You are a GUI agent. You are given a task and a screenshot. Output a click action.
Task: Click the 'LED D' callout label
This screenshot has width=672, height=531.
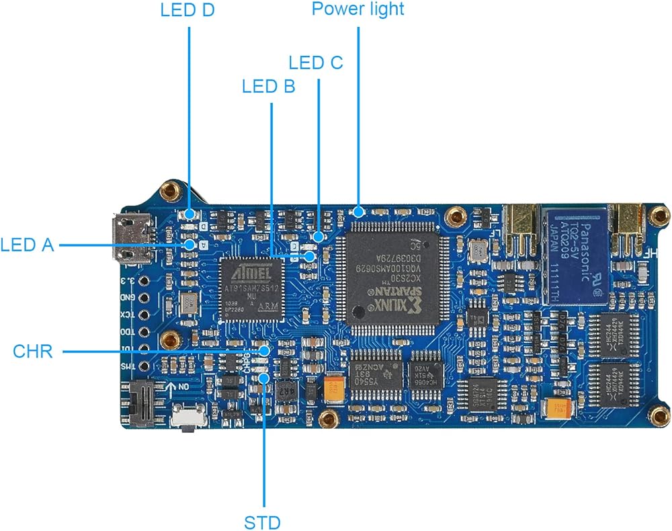[x=187, y=11]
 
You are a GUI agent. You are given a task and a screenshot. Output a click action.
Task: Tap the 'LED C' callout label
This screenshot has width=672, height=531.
[x=316, y=62]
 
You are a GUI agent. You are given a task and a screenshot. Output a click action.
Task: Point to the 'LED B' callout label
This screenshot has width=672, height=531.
[x=269, y=86]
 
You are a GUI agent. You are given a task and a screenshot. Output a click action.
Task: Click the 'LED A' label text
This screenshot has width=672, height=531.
[x=27, y=245]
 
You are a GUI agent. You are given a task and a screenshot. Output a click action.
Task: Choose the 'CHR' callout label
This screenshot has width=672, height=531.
[x=32, y=351]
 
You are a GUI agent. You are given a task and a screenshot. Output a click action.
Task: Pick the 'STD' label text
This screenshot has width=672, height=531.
[x=263, y=522]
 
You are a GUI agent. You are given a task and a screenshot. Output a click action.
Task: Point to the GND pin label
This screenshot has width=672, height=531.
[x=126, y=296]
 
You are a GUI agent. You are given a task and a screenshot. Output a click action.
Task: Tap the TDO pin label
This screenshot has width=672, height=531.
[x=126, y=332]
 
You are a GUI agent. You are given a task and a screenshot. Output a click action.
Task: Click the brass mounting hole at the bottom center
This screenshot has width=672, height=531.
[x=328, y=420]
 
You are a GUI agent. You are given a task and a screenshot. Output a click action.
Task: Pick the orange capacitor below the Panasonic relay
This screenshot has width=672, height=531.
[x=559, y=407]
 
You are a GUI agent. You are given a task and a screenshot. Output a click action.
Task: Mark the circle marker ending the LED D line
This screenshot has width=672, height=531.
[x=190, y=214]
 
